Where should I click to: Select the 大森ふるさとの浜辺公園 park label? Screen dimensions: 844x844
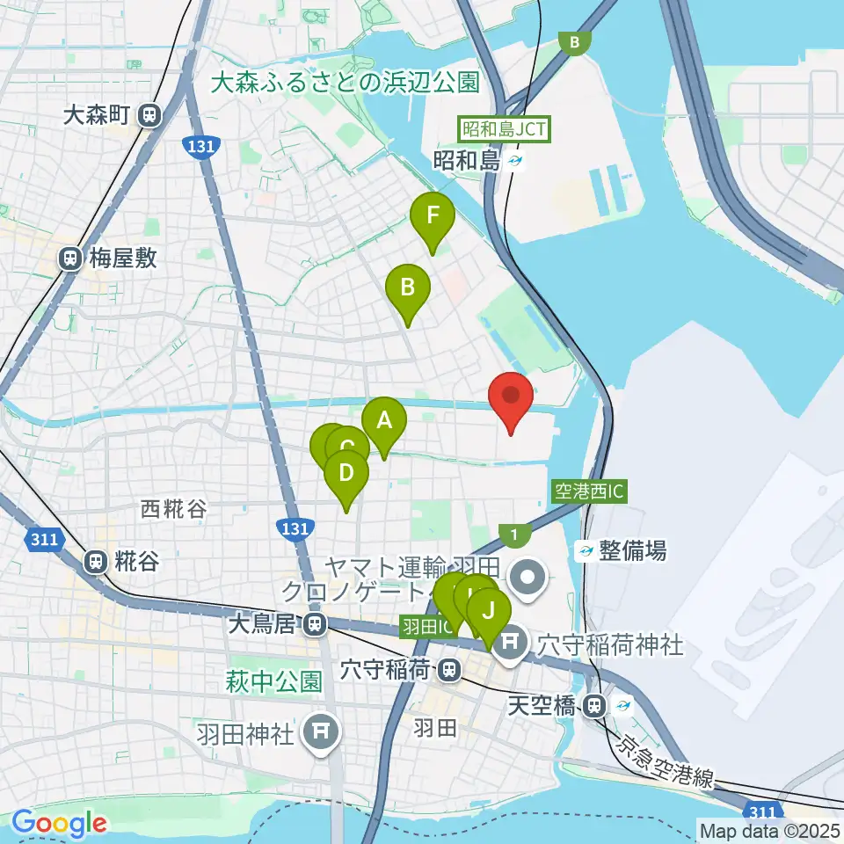346,83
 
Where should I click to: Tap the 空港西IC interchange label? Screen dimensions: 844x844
589,491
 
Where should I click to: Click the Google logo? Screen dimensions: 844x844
59,823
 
